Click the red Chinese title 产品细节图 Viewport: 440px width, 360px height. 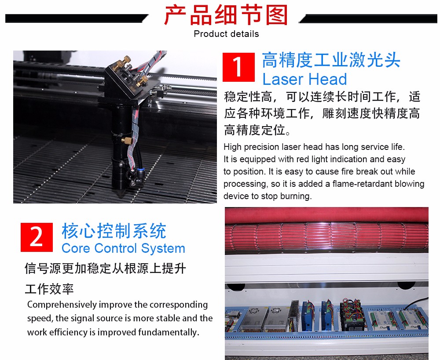point(226,15)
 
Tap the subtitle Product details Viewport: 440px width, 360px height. point(226,34)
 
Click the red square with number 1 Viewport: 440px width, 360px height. point(238,67)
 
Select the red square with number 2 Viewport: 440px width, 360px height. point(37,237)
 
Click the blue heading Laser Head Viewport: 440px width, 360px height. point(304,79)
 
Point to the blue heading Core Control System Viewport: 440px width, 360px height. point(123,248)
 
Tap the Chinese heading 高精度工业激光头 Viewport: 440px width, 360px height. point(331,60)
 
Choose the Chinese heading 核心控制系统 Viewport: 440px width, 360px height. point(114,231)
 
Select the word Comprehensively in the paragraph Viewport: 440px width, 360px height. point(62,305)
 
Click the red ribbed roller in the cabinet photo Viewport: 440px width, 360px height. point(326,236)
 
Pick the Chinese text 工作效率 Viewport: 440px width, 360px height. point(49,289)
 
